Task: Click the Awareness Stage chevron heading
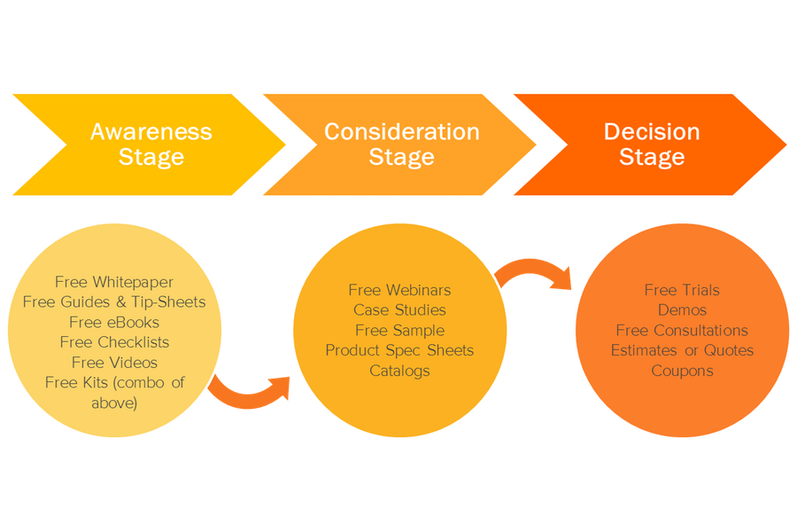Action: point(151,145)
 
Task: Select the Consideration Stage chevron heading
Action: point(401,145)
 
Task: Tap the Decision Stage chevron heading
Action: point(651,145)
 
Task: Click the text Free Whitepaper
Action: point(114,282)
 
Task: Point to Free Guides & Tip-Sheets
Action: point(114,301)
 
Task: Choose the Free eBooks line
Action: point(114,322)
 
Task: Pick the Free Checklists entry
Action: point(114,342)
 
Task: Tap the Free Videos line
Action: point(114,362)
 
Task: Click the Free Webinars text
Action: point(399,290)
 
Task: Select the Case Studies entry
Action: point(399,310)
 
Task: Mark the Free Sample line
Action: point(399,330)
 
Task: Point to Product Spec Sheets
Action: point(399,350)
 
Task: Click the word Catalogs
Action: point(399,371)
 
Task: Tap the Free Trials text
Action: point(682,290)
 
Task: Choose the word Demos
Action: point(682,310)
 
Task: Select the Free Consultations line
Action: point(682,330)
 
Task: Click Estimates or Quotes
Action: point(682,350)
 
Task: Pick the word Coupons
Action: point(682,371)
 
